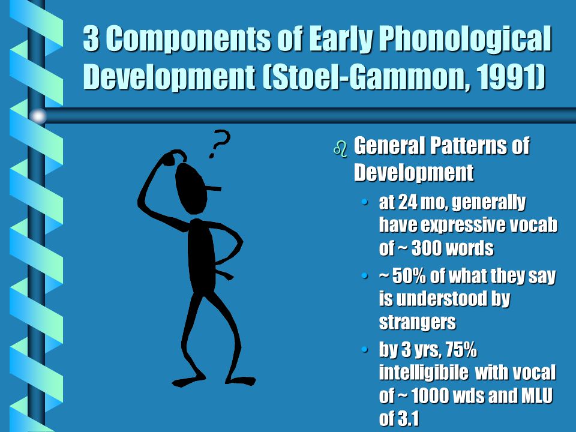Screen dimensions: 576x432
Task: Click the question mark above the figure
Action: coord(220,143)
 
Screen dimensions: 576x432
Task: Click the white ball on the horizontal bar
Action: coord(38,116)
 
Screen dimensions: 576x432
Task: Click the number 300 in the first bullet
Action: coord(425,248)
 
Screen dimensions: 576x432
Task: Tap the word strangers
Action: coord(418,322)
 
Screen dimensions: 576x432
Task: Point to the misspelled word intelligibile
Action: coord(424,373)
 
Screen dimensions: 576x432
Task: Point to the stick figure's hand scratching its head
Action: coord(173,157)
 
